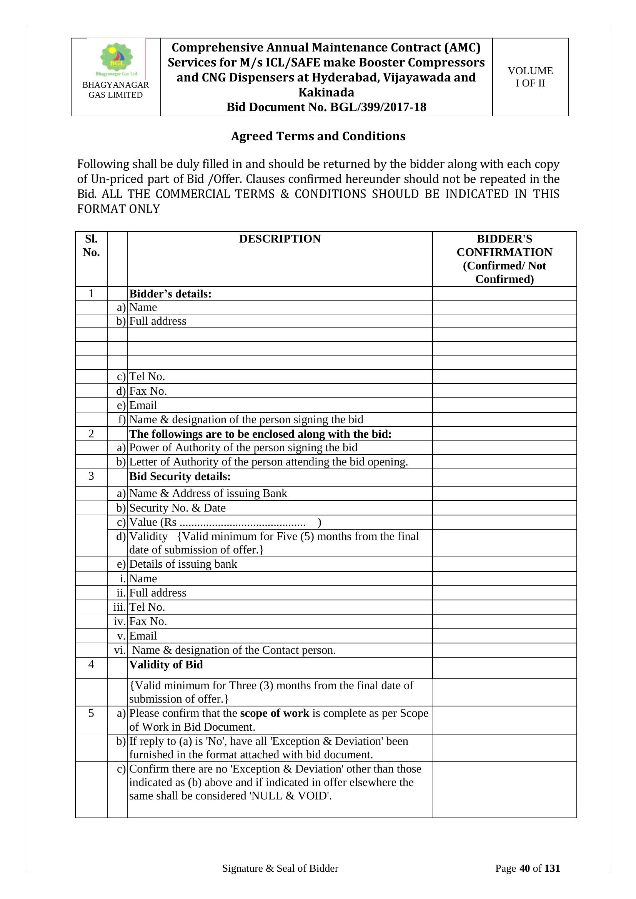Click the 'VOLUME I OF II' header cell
coord(530,77)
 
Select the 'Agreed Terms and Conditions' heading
coord(318,136)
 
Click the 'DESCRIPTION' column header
coord(280,239)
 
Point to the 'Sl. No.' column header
coord(91,246)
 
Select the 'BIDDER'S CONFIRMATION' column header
coord(504,258)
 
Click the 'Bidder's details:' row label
coord(170,294)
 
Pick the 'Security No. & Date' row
coord(177,508)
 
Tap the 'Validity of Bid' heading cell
coord(166,665)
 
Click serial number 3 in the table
coord(91,476)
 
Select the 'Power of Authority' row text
coord(243,447)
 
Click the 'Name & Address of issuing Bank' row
coord(208,494)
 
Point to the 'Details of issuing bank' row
coord(183,564)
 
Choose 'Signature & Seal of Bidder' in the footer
coord(280,868)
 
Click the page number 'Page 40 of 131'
coord(527,868)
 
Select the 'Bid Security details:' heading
coord(180,477)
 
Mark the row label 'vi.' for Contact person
coord(120,650)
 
